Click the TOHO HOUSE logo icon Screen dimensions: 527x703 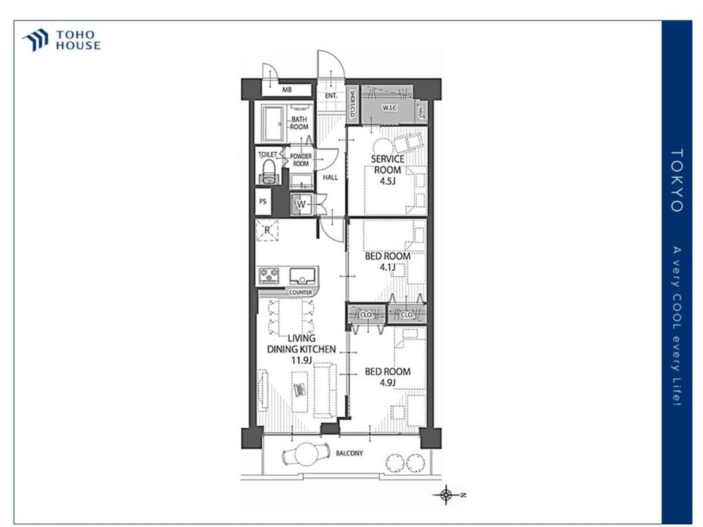(x=36, y=40)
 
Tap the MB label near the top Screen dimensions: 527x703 (x=287, y=91)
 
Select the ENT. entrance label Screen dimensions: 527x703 (x=330, y=95)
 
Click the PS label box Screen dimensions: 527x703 (x=263, y=201)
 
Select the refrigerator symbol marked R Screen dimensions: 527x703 (x=267, y=230)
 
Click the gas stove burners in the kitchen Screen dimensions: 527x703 (x=269, y=275)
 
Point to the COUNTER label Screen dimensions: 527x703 (x=300, y=292)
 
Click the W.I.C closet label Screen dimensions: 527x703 (x=389, y=108)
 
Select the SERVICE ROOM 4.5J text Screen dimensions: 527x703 (x=387, y=169)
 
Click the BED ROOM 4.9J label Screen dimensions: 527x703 (x=387, y=377)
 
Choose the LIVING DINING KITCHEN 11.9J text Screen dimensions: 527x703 (x=301, y=349)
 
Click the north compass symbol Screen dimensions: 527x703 (x=446, y=495)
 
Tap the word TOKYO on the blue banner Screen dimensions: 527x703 (x=676, y=180)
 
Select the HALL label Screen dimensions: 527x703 (x=330, y=178)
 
